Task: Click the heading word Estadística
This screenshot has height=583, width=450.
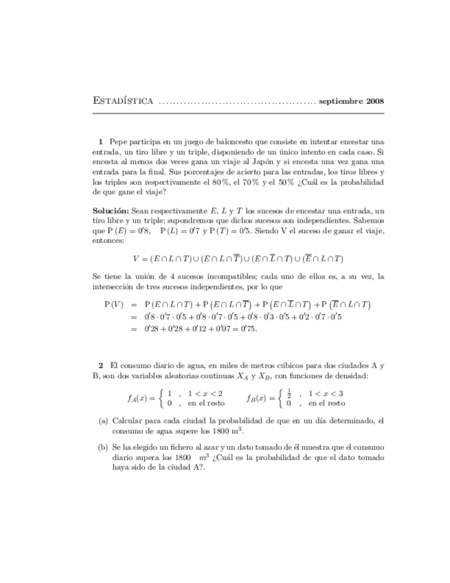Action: (122, 101)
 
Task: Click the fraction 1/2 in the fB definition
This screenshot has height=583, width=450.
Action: (291, 393)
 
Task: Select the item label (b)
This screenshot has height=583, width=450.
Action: (103, 446)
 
